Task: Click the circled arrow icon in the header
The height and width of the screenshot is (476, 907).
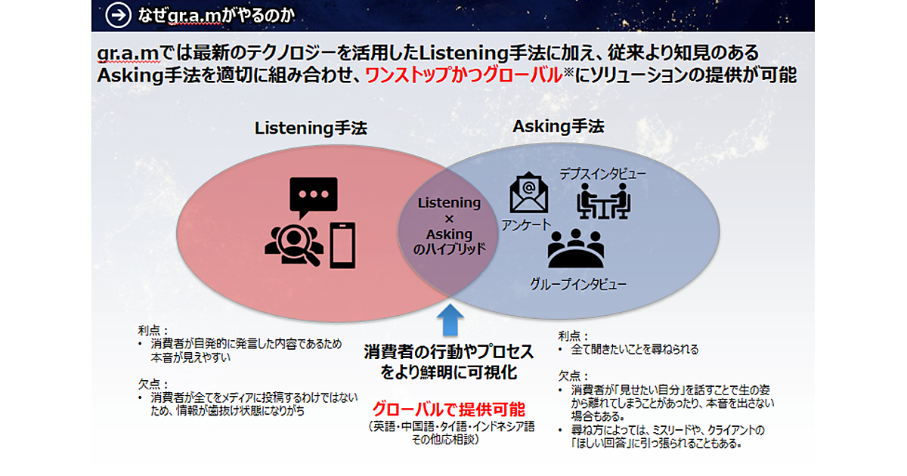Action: tap(115, 14)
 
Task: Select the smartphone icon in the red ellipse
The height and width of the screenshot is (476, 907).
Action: tap(342, 243)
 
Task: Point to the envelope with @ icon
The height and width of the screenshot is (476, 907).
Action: tap(528, 193)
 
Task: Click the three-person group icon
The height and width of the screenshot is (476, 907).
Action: tap(575, 249)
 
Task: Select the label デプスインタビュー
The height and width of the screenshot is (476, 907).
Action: tap(602, 175)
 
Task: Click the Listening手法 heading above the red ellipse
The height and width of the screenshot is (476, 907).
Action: tap(311, 128)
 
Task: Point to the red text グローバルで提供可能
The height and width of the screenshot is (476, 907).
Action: tap(448, 410)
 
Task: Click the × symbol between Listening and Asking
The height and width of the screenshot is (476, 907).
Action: tap(449, 218)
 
